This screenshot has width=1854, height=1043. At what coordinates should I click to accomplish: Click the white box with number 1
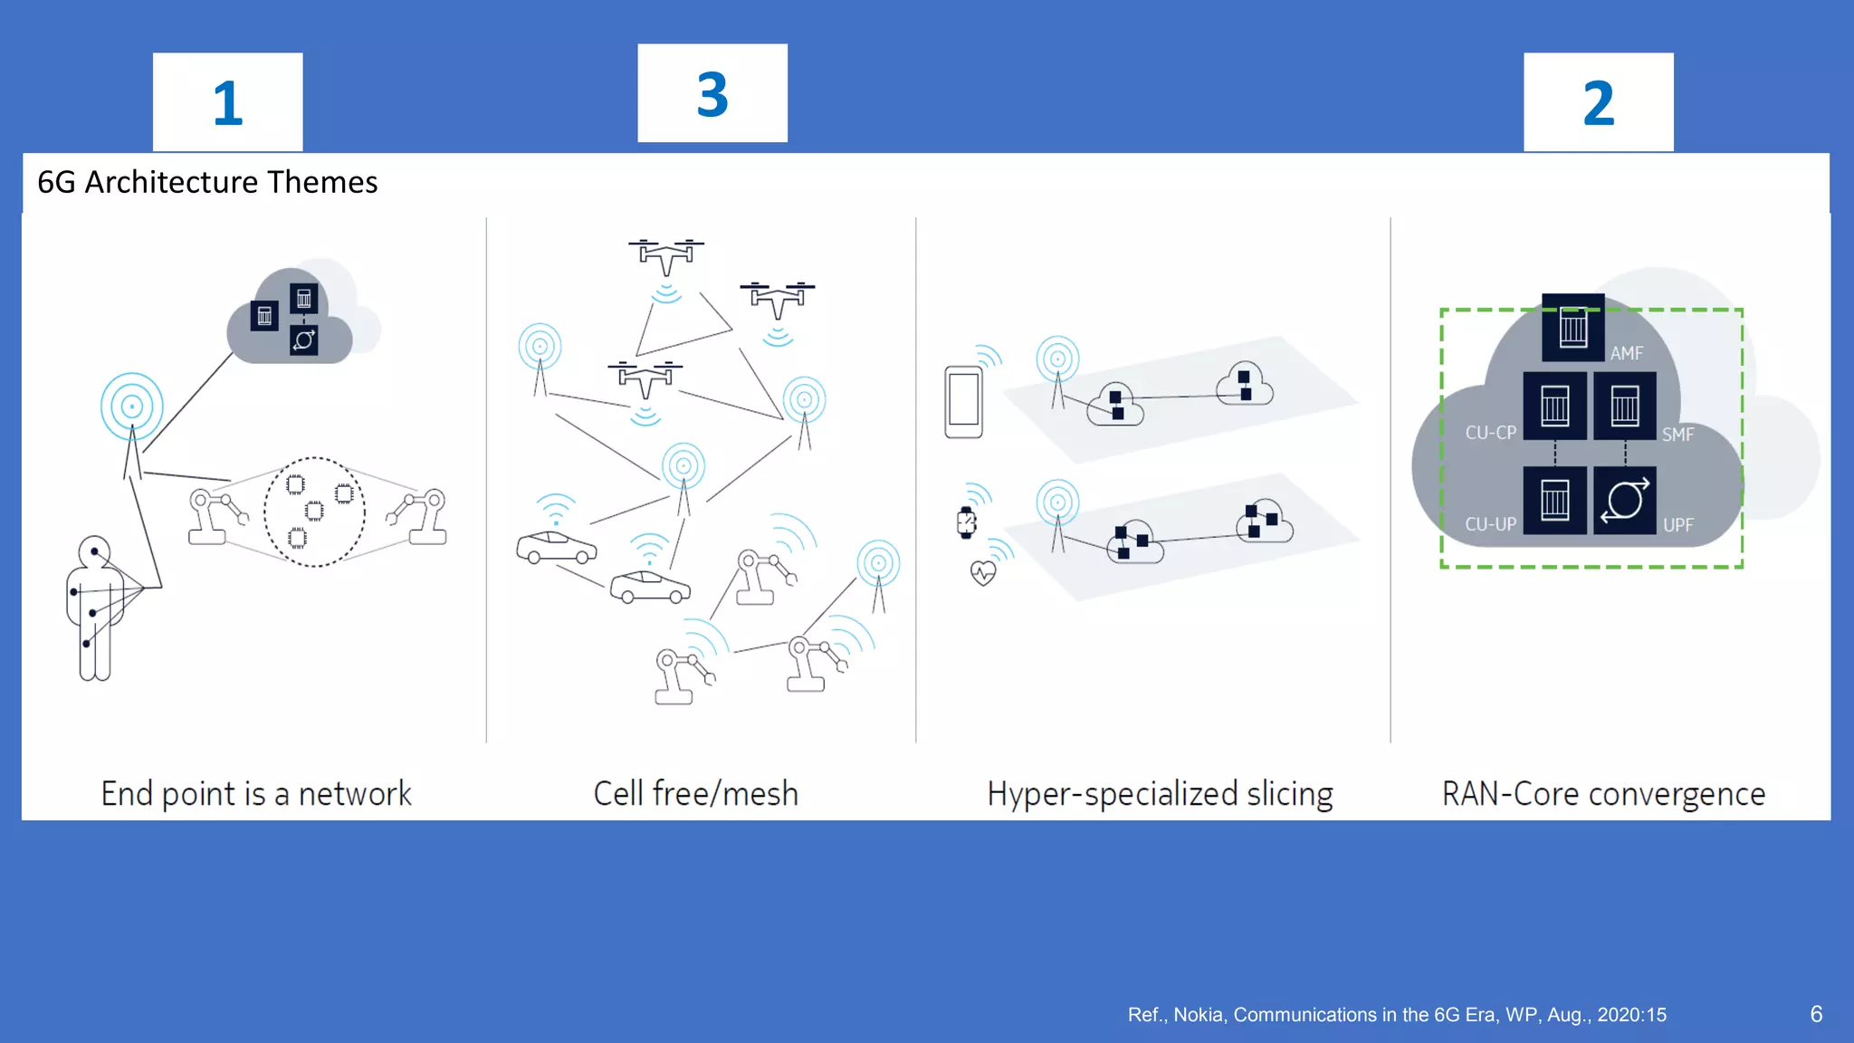[227, 101]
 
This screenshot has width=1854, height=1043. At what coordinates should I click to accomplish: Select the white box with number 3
[712, 93]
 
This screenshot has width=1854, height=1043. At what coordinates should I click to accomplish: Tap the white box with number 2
[1598, 101]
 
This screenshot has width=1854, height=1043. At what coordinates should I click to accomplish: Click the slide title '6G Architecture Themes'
[207, 182]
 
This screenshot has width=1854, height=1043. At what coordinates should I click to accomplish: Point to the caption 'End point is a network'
[256, 793]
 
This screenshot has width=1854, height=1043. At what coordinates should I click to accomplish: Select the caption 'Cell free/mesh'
[695, 793]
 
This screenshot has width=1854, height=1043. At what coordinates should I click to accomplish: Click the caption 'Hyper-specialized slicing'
[1160, 793]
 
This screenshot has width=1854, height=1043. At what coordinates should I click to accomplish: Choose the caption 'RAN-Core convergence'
[1603, 793]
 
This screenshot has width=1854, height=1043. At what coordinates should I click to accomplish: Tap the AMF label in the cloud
[1626, 353]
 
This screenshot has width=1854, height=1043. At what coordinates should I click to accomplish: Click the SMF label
[1677, 435]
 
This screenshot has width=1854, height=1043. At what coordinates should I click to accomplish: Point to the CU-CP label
[1490, 433]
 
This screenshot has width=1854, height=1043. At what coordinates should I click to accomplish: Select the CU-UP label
[1490, 524]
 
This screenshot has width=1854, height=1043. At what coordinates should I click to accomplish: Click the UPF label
[1677, 525]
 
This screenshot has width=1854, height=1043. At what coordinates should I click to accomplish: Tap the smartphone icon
[963, 401]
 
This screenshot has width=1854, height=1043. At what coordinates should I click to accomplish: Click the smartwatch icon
[966, 522]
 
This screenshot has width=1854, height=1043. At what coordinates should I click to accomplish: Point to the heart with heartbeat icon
[983, 573]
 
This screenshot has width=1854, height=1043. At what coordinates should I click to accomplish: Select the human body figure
[94, 608]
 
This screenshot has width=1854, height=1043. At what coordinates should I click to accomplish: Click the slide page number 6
[1816, 1014]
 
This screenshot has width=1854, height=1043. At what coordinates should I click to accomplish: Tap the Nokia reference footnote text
[1396, 1015]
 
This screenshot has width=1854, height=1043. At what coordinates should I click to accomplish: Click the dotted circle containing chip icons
[314, 512]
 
